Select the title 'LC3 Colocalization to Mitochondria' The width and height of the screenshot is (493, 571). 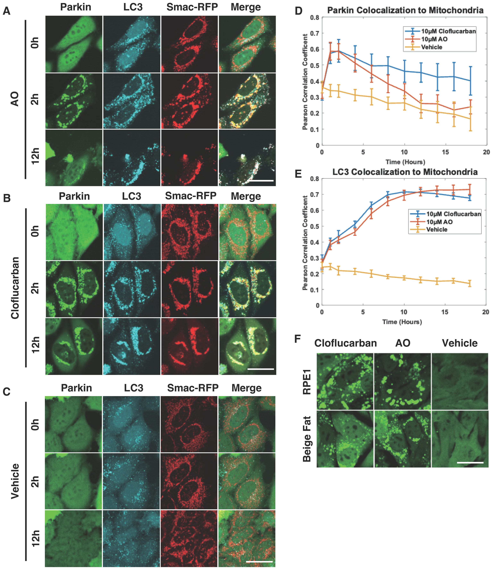pyautogui.click(x=405, y=172)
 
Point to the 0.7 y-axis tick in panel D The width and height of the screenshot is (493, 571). pyautogui.click(x=314, y=33)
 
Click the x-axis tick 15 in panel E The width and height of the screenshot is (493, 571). pyautogui.click(x=444, y=312)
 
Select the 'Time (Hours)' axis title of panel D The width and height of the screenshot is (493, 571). pyautogui.click(x=405, y=162)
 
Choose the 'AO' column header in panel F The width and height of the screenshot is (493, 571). pyautogui.click(x=403, y=343)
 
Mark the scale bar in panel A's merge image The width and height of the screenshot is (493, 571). pyautogui.click(x=261, y=181)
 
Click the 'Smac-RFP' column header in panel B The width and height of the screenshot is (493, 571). pyautogui.click(x=191, y=196)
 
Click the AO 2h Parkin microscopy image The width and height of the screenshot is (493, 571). pyautogui.click(x=74, y=101)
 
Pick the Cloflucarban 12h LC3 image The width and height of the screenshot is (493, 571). pyautogui.click(x=132, y=346)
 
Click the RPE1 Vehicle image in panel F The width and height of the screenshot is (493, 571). pyautogui.click(x=460, y=381)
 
